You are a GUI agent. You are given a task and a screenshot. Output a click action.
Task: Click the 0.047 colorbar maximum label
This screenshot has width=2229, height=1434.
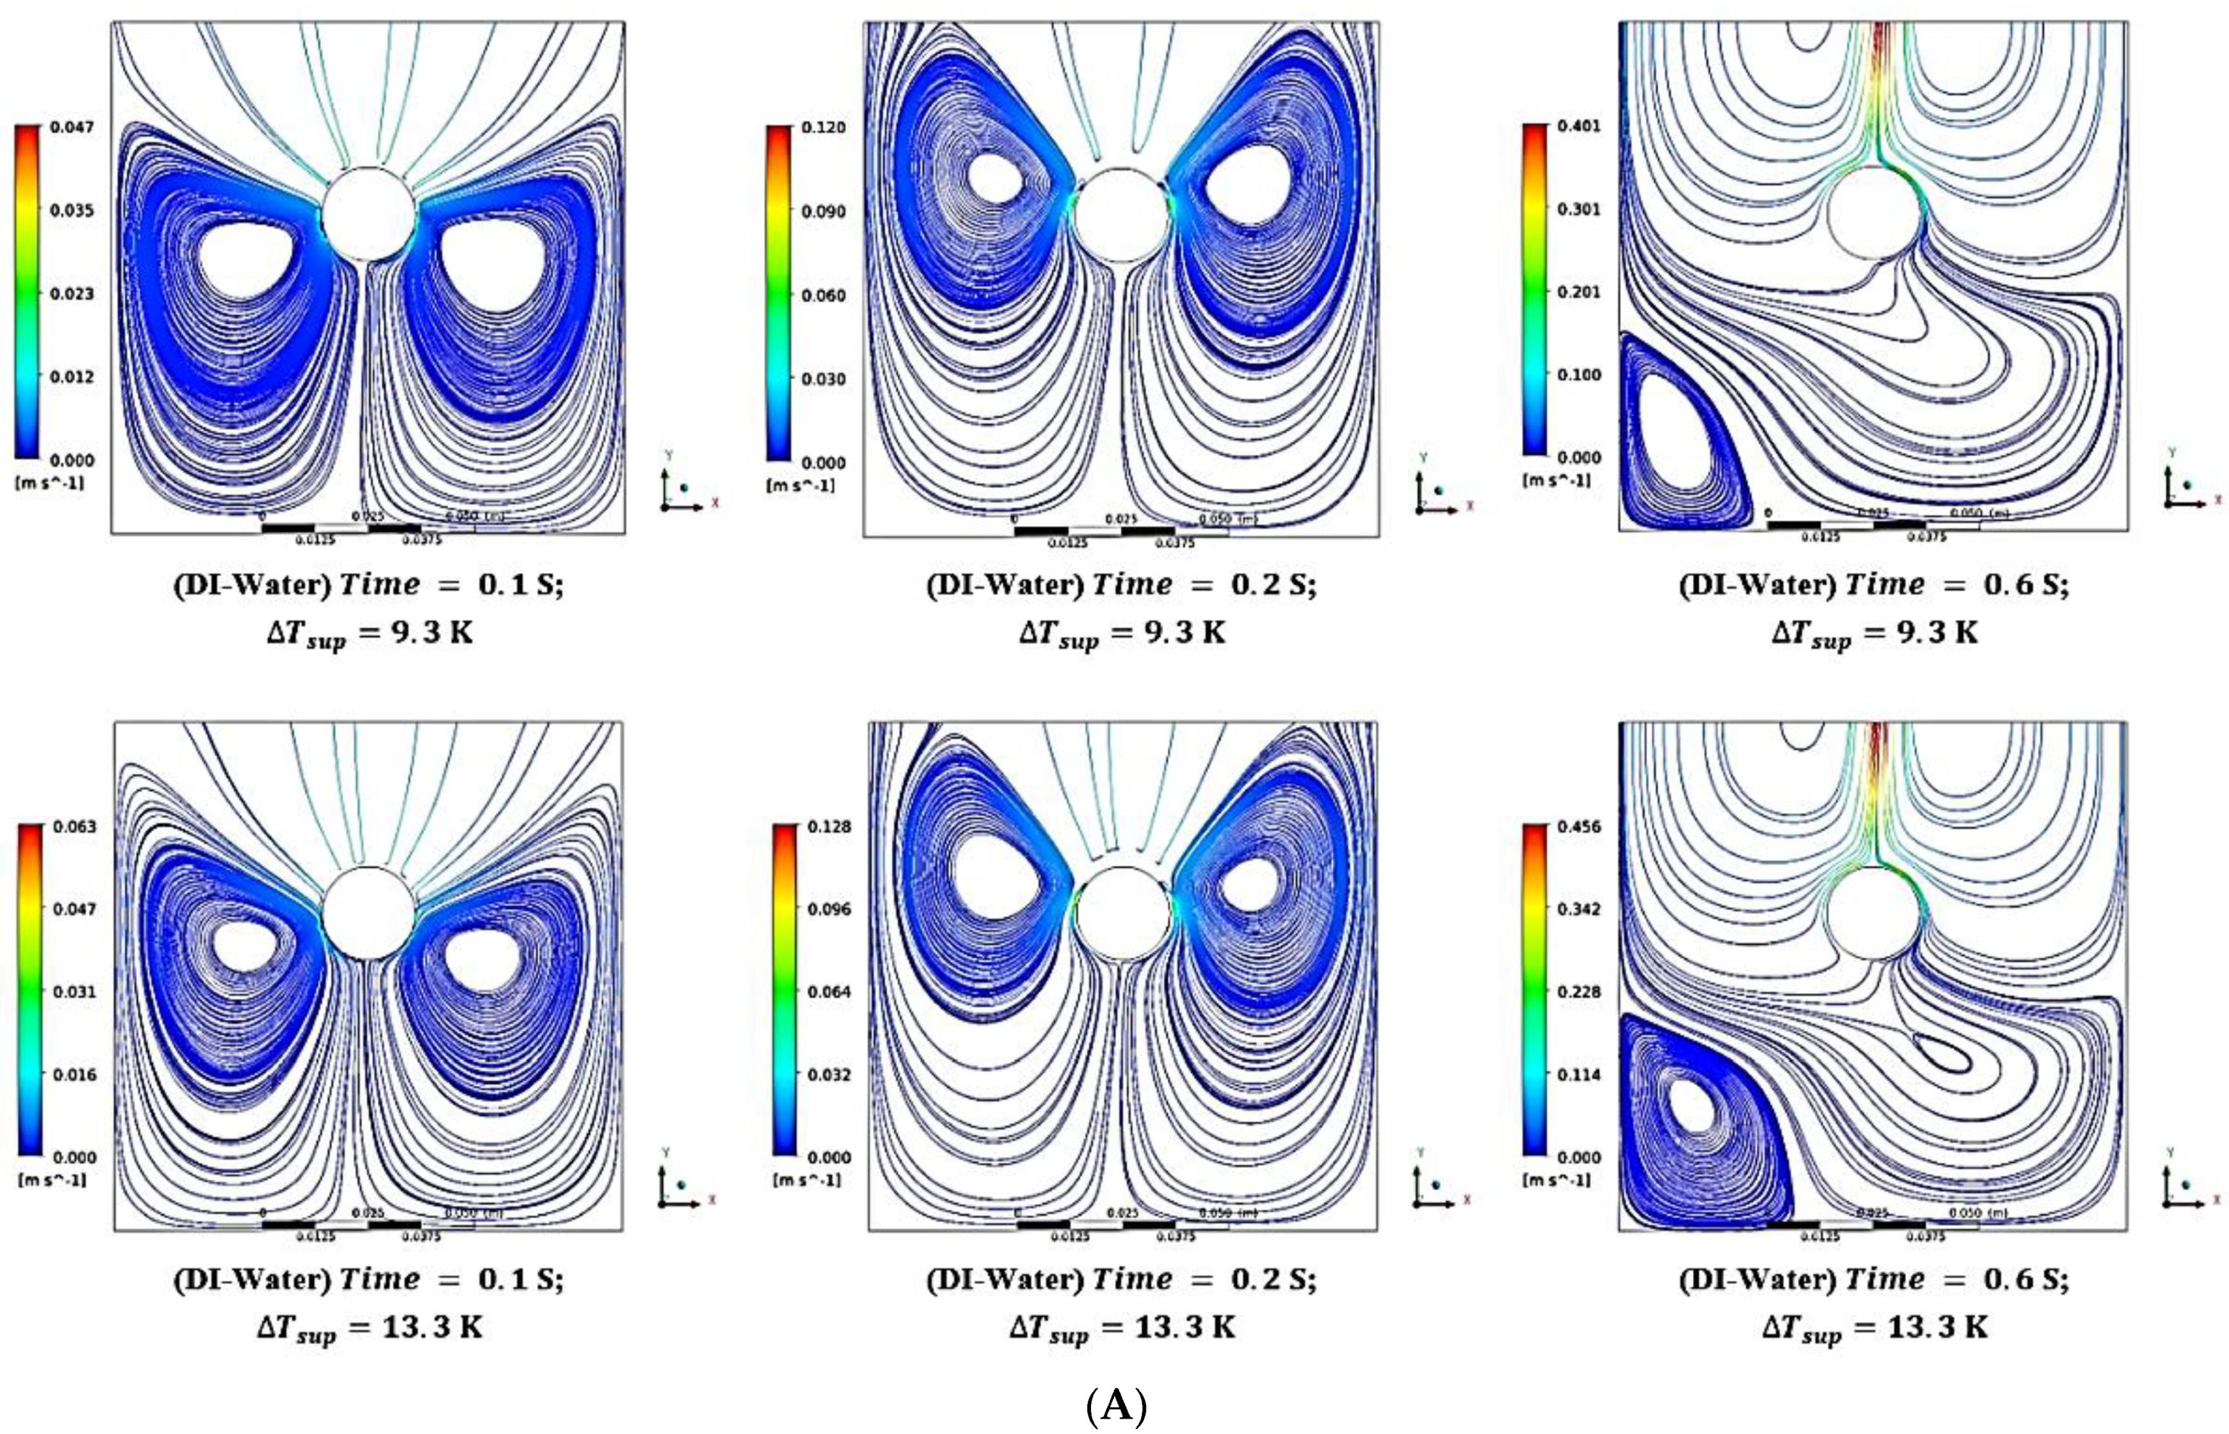[x=71, y=126]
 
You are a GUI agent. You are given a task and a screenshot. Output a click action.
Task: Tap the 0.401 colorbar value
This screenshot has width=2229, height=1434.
[x=1579, y=126]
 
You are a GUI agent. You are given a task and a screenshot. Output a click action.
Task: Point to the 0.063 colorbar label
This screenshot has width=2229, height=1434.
[x=73, y=827]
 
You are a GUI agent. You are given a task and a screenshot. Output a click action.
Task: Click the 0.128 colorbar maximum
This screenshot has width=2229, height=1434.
[x=829, y=827]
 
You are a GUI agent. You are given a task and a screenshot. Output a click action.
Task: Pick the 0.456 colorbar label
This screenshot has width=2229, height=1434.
[x=1579, y=827]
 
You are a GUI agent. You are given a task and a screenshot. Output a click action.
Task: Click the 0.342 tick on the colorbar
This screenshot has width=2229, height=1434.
[x=1579, y=909]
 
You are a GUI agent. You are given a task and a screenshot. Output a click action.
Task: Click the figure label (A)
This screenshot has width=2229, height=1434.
[x=1115, y=1406]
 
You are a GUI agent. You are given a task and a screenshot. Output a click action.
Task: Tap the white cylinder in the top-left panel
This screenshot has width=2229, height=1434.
[x=369, y=214]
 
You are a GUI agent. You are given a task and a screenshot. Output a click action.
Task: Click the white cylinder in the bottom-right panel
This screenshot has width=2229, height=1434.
[x=1873, y=913]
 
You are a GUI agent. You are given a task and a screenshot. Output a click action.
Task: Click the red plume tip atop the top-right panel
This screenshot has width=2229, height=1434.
[x=1876, y=33]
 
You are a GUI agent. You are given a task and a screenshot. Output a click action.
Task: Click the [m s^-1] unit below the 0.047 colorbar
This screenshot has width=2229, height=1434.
[x=50, y=482]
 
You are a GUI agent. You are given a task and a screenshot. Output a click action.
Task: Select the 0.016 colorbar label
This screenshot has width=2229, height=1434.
[x=73, y=1074]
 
